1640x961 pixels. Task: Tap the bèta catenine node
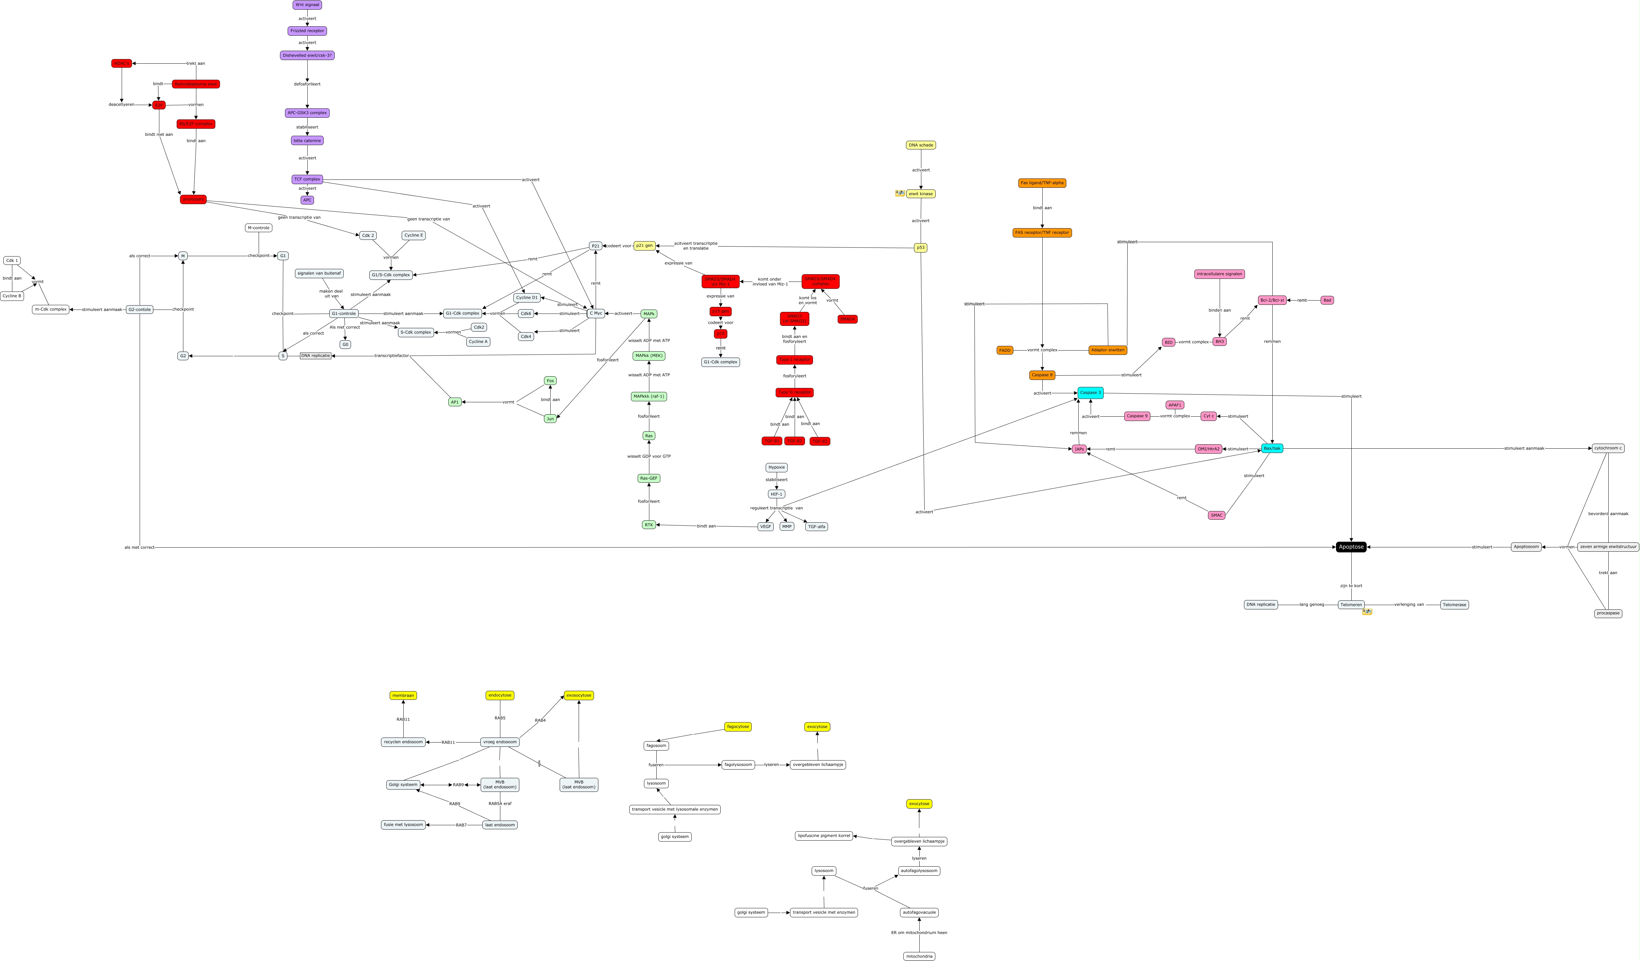coord(307,141)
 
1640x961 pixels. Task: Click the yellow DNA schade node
coord(921,145)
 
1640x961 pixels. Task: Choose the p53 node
coord(920,248)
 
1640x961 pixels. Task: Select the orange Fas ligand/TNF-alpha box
coord(1042,183)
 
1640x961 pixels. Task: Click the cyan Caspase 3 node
coord(1090,393)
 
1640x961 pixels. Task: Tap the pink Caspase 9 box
coord(1137,416)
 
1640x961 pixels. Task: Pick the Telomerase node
coord(1455,605)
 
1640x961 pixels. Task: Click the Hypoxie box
coord(776,467)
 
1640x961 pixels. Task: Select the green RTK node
coord(649,525)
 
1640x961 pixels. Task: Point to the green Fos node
coord(550,381)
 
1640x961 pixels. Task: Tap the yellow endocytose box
coord(500,695)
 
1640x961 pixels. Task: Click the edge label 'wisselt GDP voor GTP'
coord(649,456)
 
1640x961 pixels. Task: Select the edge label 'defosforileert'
coord(307,84)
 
